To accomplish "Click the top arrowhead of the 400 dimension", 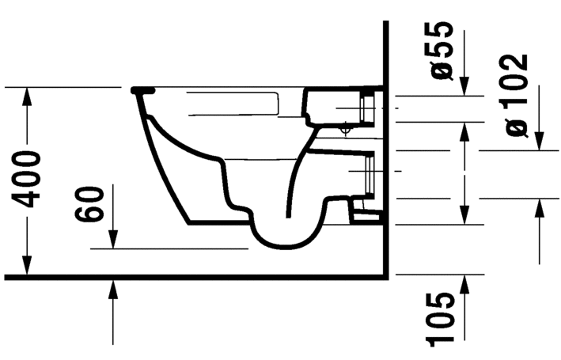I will [28, 93].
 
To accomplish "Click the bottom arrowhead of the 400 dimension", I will [28, 267].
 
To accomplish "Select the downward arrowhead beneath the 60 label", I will [113, 239].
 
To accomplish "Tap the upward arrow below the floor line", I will [113, 289].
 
